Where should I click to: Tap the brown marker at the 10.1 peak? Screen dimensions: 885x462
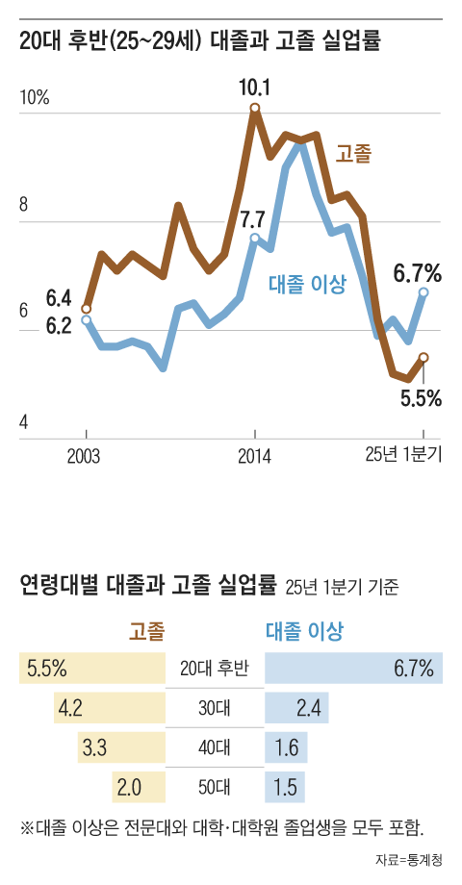point(255,108)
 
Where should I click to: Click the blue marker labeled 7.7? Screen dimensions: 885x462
point(255,238)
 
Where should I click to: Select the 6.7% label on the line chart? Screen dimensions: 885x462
point(417,273)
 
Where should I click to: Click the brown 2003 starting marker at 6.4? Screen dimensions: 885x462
point(87,309)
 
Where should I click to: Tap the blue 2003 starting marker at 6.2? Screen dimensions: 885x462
point(87,320)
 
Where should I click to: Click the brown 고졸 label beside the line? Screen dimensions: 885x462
point(353,153)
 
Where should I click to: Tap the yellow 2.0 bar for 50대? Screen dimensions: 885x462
point(140,787)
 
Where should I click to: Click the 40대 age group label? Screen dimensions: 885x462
point(215,748)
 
